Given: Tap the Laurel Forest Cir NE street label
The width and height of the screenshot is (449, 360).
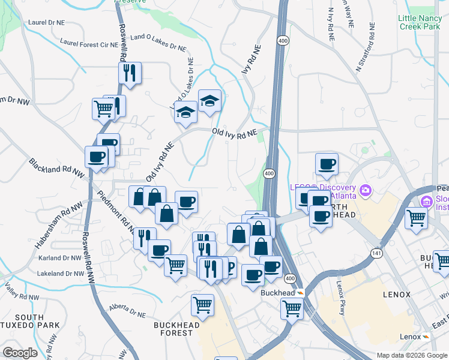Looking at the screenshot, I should point(88,44).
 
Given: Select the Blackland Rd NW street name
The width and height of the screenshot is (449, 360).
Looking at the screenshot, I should point(56,167).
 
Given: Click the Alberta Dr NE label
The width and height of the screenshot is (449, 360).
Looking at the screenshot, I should point(127,310).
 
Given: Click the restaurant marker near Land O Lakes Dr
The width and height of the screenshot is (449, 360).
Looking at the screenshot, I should point(130,73).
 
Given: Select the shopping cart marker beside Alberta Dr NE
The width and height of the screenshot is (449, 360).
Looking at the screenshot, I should point(203,304).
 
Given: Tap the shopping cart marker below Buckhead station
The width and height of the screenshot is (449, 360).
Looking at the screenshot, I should point(292,308).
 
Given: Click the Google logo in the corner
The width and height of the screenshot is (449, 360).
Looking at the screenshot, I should point(19,353).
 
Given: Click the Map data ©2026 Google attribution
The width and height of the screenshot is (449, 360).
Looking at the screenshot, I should point(411,355).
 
